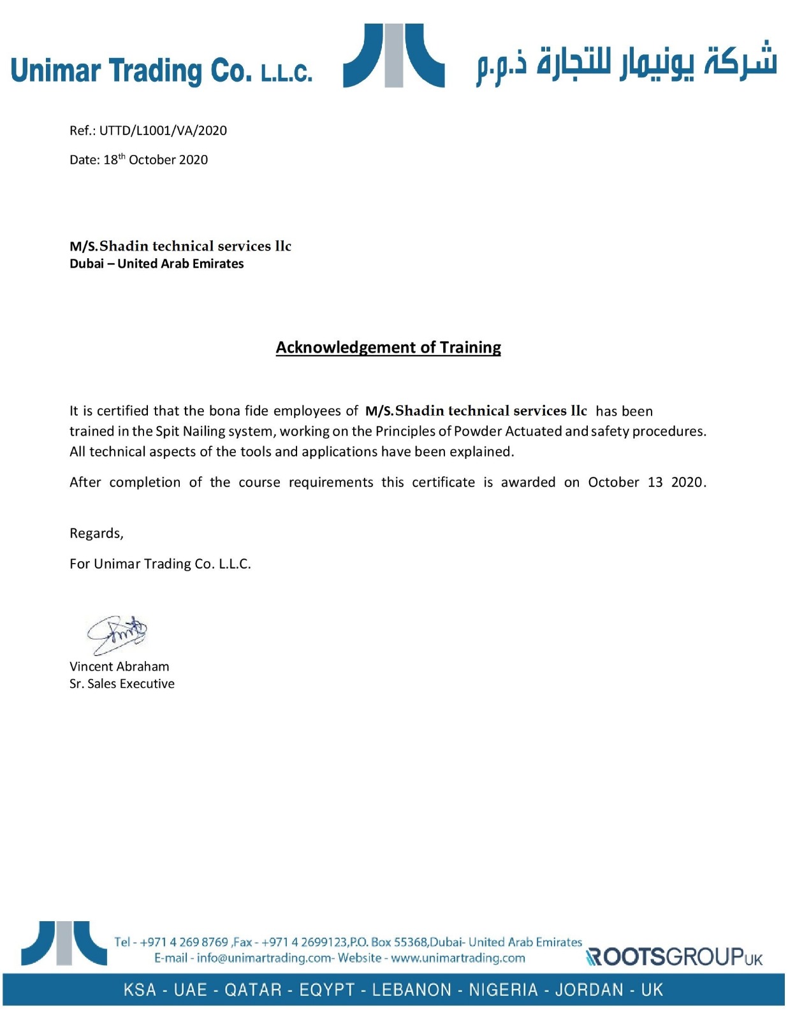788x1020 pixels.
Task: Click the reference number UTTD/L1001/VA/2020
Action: coord(163,131)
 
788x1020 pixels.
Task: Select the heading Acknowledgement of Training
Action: coord(388,347)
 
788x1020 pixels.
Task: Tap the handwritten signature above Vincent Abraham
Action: coord(117,634)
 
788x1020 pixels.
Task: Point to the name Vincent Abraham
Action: coord(119,666)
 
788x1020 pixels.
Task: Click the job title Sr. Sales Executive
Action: coord(122,683)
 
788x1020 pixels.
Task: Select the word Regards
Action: coord(96,533)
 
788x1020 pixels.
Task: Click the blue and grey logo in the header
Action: coord(393,55)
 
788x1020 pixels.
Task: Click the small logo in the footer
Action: coord(64,943)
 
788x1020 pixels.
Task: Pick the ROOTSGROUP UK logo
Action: coord(674,957)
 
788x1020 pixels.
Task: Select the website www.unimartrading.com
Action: coord(458,958)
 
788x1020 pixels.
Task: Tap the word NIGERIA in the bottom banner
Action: coord(503,990)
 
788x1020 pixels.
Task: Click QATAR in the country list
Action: coord(252,990)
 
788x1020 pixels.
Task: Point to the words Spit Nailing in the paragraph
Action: coord(191,431)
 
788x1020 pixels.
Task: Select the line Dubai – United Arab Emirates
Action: coord(157,263)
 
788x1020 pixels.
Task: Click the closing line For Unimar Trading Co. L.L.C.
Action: coord(160,564)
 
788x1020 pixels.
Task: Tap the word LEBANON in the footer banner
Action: coord(411,990)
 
